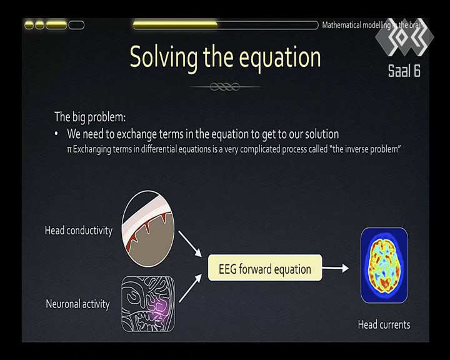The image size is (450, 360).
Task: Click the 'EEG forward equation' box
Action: click(x=265, y=267)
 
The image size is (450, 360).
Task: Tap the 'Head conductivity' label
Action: click(x=79, y=231)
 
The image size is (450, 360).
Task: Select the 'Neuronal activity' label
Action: click(x=77, y=304)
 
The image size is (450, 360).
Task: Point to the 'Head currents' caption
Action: click(x=384, y=325)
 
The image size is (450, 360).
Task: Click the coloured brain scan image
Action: click(x=384, y=265)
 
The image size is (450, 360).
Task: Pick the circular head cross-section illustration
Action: click(x=148, y=229)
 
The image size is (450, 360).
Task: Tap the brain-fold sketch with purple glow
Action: click(x=148, y=304)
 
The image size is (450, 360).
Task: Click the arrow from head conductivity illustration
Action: click(x=190, y=244)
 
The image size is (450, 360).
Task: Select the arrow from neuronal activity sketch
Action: click(x=190, y=288)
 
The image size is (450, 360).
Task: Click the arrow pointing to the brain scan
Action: click(x=335, y=268)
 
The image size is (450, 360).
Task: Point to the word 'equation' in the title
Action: click(x=280, y=59)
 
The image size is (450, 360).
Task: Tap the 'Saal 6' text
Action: click(x=404, y=71)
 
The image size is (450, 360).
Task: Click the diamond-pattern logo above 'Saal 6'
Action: click(x=404, y=37)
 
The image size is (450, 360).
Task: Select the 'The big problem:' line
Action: click(x=90, y=117)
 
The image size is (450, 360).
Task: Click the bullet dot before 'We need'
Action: click(x=56, y=134)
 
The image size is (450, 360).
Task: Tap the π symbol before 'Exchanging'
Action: click(x=69, y=150)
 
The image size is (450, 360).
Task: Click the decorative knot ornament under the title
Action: click(x=225, y=86)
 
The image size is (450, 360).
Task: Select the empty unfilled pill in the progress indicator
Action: click(x=77, y=25)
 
